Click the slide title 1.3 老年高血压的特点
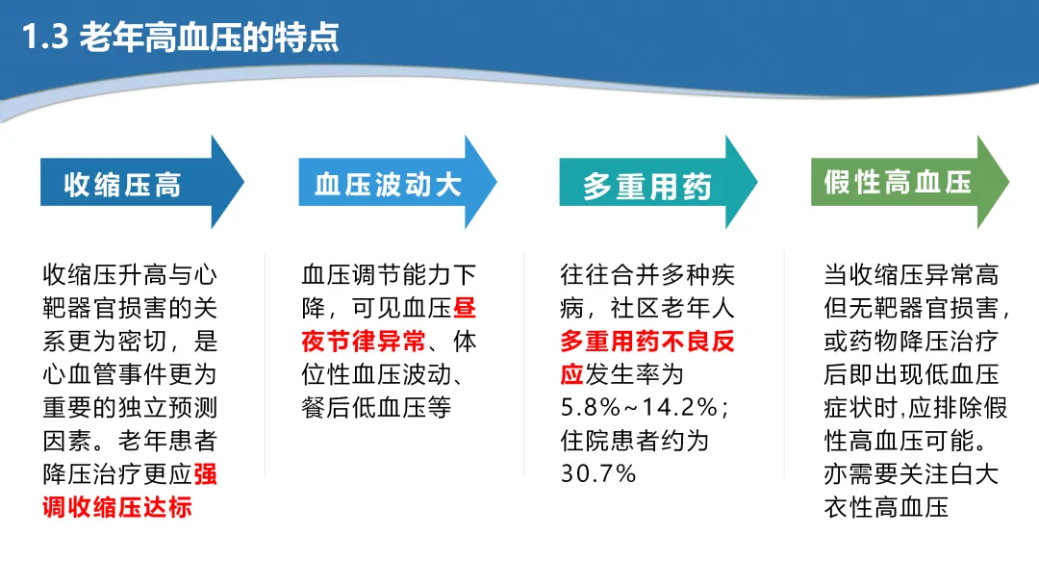click(180, 38)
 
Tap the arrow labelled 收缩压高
click(142, 182)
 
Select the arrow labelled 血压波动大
click(397, 182)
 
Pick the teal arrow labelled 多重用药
click(658, 182)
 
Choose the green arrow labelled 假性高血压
click(910, 182)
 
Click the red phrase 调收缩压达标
click(117, 507)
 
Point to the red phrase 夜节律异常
click(363, 342)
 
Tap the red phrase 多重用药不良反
click(647, 342)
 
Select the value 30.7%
click(598, 473)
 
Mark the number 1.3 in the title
click(45, 38)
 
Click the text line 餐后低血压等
click(376, 407)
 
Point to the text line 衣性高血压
click(886, 507)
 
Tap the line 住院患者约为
click(635, 441)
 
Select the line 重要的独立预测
click(130, 407)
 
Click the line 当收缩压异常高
click(911, 275)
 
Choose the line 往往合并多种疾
click(647, 275)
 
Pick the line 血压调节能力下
click(389, 275)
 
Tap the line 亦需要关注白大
click(911, 474)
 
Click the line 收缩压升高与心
click(130, 275)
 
